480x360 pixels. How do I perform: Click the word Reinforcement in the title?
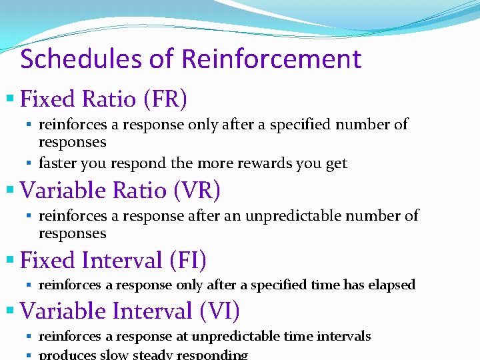point(271,59)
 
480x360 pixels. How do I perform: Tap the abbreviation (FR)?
point(165,99)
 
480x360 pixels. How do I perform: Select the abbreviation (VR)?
point(197,191)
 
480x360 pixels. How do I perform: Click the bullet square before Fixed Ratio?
point(9,99)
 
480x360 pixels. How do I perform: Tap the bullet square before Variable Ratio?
point(9,191)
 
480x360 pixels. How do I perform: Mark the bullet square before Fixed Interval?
point(9,259)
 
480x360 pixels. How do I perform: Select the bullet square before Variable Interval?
point(9,311)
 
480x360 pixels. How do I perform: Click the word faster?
point(57,163)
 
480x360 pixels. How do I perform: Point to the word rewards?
point(253,163)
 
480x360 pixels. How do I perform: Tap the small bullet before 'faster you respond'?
point(31,163)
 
